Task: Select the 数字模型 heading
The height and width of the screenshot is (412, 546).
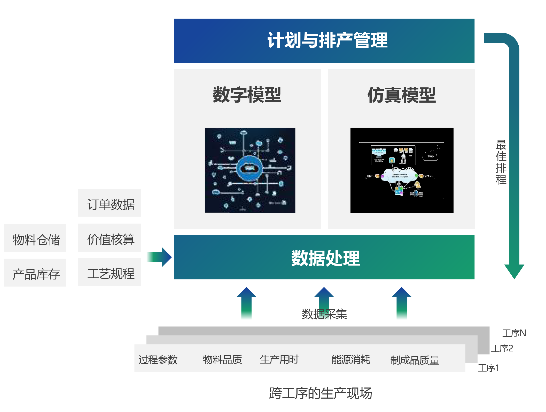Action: [247, 95]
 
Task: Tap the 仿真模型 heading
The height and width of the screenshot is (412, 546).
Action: [401, 95]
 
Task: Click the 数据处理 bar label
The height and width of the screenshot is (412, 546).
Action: [325, 258]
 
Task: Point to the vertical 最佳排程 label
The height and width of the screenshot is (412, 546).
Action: [501, 162]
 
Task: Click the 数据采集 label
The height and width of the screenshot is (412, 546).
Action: [324, 314]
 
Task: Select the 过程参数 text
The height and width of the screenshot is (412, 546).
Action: [158, 359]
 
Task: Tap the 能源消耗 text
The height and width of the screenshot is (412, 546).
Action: [351, 359]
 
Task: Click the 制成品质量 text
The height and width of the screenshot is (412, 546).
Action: [415, 360]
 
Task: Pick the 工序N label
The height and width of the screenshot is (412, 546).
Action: [514, 333]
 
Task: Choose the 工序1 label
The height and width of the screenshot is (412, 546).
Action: [488, 368]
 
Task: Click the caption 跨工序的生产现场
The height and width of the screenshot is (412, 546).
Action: [320, 393]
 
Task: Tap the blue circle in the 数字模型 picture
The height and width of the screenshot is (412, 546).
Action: [249, 168]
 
